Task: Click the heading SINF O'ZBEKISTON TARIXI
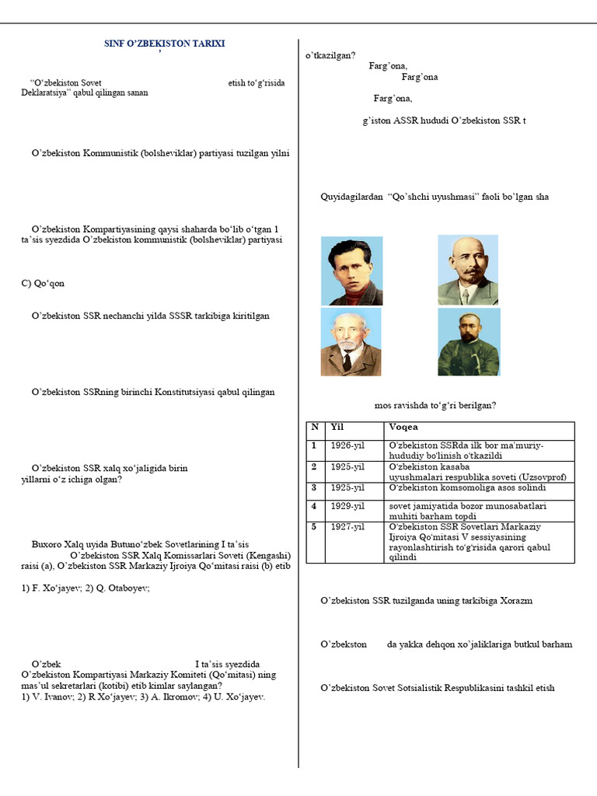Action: pyautogui.click(x=165, y=44)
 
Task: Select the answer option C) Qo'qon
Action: pyautogui.click(x=43, y=283)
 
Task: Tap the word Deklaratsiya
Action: pyautogui.click(x=44, y=93)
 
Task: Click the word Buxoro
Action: pyautogui.click(x=47, y=544)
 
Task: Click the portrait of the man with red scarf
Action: pyautogui.click(x=351, y=271)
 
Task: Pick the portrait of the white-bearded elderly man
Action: pyautogui.click(x=351, y=342)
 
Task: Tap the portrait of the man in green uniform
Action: pyautogui.click(x=469, y=342)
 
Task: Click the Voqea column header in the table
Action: pyautogui.click(x=403, y=427)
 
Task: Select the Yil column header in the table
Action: pyautogui.click(x=337, y=427)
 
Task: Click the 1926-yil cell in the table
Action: pyautogui.click(x=347, y=445)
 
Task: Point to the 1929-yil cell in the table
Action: pyautogui.click(x=347, y=506)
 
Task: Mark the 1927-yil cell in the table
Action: pyautogui.click(x=347, y=527)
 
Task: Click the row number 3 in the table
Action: pyautogui.click(x=314, y=487)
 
